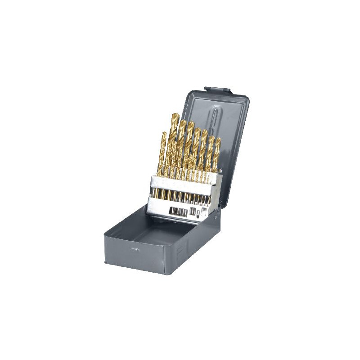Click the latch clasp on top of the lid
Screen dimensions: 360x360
point(217,90)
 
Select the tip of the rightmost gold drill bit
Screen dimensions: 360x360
point(218,140)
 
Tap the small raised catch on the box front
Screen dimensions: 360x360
point(134,248)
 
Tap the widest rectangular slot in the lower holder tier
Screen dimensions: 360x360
point(178,211)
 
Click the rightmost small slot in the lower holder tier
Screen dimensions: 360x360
point(204,210)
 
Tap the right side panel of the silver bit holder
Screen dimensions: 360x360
point(217,191)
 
